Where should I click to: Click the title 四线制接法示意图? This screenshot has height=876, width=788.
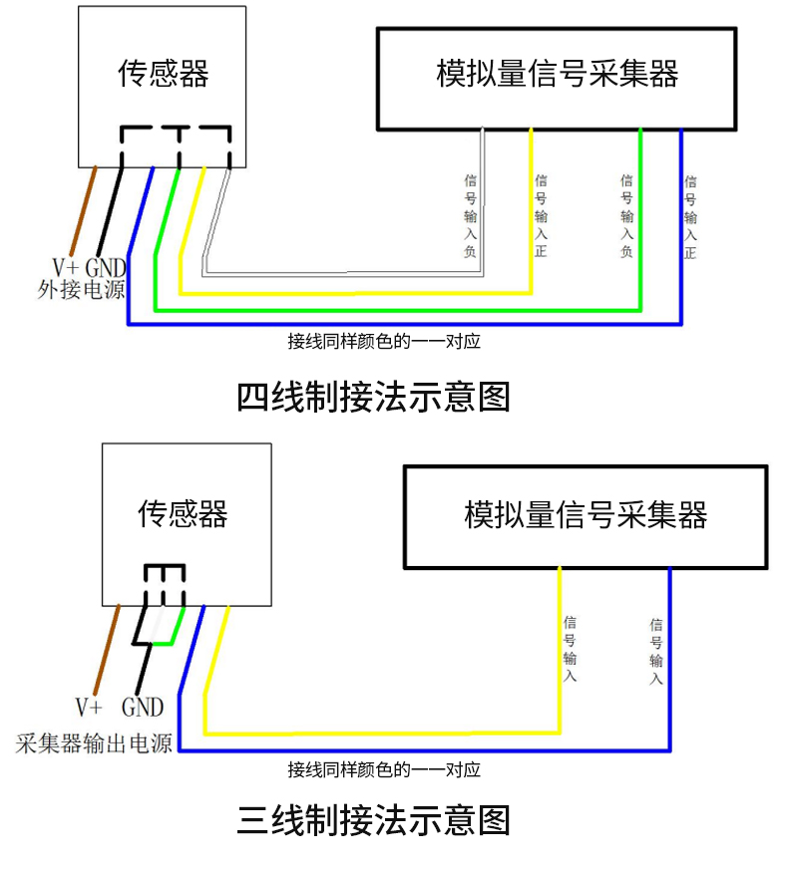click(373, 398)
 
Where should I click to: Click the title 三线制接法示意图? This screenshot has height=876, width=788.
click(373, 819)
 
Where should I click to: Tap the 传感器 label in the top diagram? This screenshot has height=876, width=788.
click(163, 73)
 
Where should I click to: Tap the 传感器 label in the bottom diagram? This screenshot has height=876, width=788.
click(183, 514)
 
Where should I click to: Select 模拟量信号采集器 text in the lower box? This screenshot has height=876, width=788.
click(586, 514)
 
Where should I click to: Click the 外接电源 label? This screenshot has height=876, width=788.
click(81, 289)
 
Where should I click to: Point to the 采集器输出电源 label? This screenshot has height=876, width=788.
click(94, 743)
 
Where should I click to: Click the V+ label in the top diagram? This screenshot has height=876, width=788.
click(66, 268)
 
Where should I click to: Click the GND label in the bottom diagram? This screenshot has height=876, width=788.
click(143, 708)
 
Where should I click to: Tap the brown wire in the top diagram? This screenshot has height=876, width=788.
click(84, 210)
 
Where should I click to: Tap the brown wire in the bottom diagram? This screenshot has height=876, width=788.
click(107, 649)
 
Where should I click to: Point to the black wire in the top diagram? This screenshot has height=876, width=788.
click(110, 211)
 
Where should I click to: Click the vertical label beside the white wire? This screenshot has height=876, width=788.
click(471, 215)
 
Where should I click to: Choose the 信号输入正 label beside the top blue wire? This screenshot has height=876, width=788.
click(690, 217)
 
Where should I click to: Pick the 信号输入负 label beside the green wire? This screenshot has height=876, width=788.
click(627, 215)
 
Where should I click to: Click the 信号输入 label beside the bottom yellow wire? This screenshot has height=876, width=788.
click(570, 649)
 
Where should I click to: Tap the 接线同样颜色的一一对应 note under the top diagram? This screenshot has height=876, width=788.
click(384, 342)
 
